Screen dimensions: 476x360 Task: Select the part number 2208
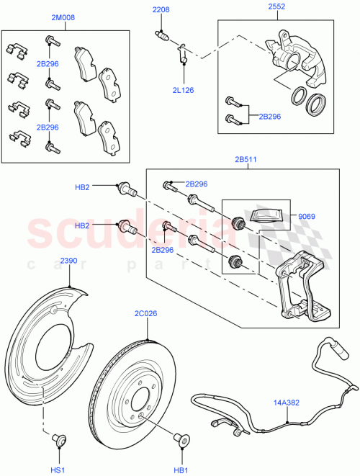click(160, 9)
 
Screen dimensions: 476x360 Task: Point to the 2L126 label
click(184, 90)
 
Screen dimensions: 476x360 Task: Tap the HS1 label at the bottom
click(56, 469)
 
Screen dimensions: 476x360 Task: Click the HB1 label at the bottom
click(181, 469)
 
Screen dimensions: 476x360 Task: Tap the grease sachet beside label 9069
click(266, 214)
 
